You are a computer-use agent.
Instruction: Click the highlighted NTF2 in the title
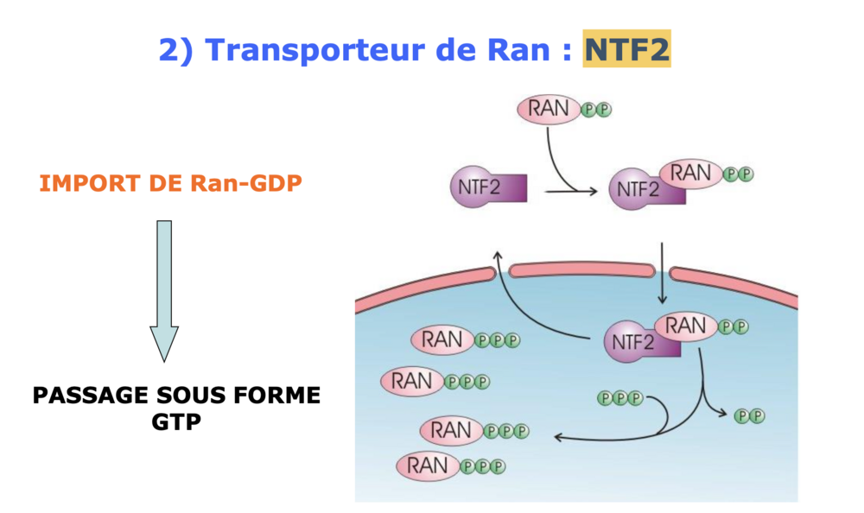click(x=626, y=49)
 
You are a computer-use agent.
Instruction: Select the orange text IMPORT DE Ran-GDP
click(x=170, y=184)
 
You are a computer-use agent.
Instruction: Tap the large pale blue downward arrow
click(x=163, y=289)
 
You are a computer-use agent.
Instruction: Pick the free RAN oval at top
click(x=549, y=109)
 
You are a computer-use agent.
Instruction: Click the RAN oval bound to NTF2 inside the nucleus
click(x=687, y=327)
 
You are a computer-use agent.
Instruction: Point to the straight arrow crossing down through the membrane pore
click(x=662, y=272)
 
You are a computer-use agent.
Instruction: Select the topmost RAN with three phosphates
click(x=442, y=339)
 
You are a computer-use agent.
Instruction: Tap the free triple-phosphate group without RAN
click(x=620, y=398)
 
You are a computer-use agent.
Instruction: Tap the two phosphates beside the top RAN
click(x=594, y=110)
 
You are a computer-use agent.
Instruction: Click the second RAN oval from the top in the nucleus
click(x=413, y=380)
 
